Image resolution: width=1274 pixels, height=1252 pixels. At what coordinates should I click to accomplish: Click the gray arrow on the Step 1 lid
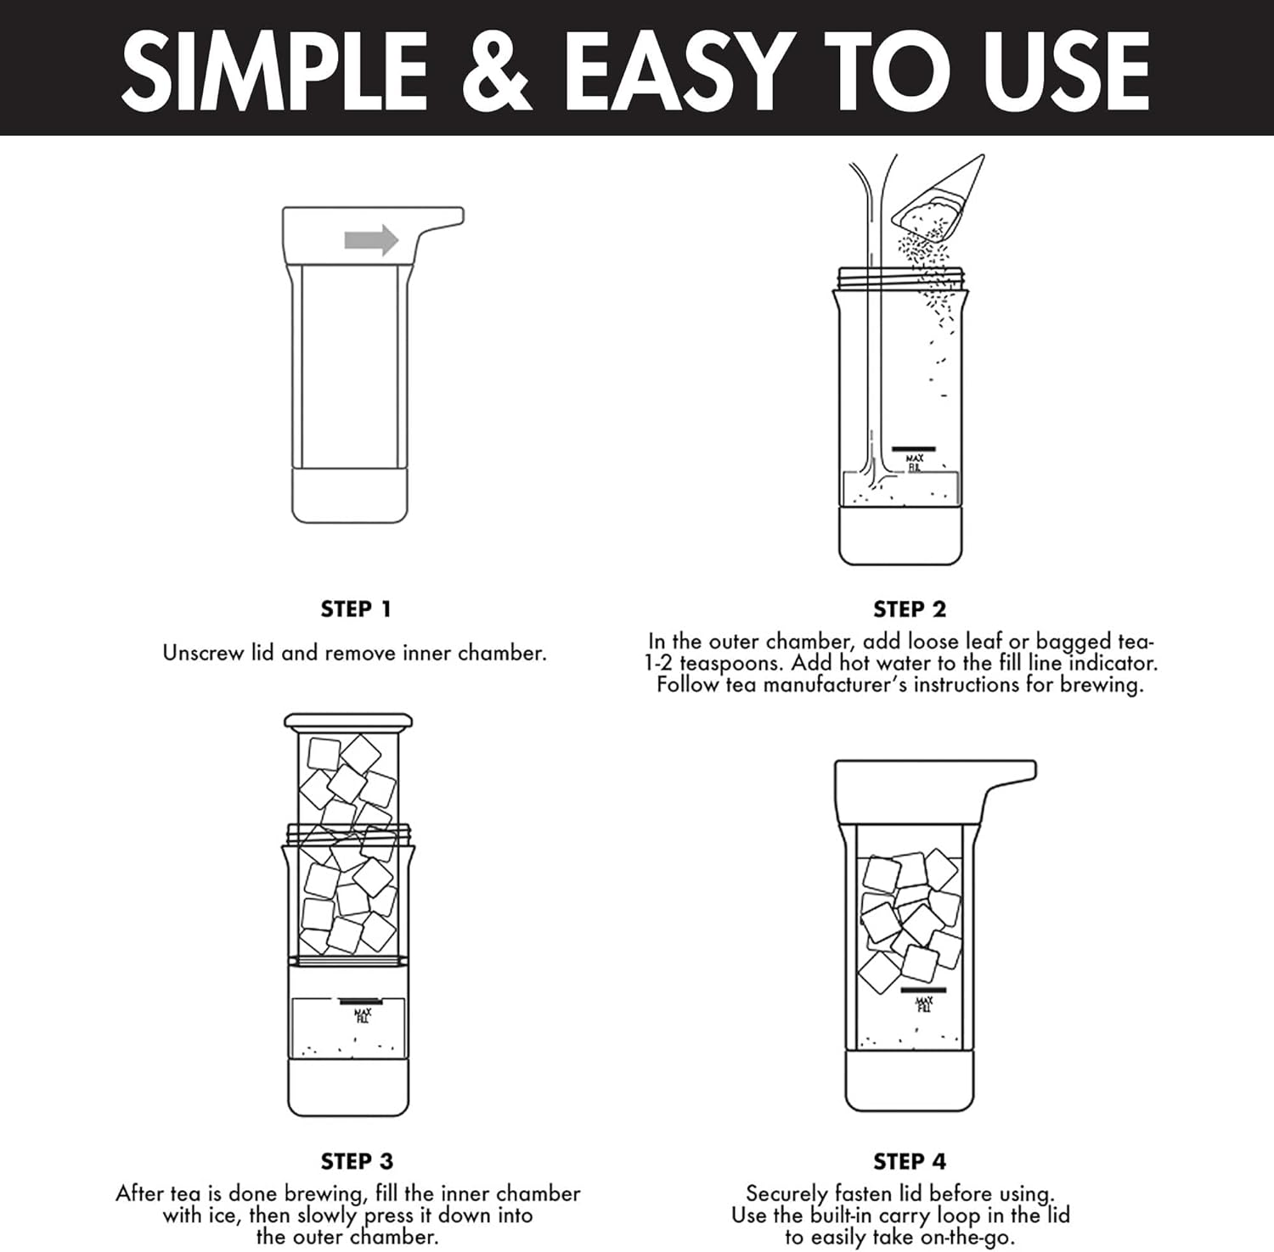(371, 240)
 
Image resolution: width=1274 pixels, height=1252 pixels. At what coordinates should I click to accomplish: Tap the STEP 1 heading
(356, 609)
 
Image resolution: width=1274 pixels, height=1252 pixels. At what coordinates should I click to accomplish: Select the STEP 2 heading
(909, 609)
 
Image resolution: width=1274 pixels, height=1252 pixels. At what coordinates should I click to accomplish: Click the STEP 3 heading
(357, 1161)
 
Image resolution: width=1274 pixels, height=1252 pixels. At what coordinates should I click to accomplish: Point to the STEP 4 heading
(909, 1161)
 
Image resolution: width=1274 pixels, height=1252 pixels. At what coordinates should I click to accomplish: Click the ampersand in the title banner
(496, 70)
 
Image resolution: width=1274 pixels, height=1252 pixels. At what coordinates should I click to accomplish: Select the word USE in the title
(1066, 70)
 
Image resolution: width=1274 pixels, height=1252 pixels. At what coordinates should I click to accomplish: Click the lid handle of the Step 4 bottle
(1011, 773)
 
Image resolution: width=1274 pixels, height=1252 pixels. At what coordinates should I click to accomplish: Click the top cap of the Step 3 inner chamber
(348, 722)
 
